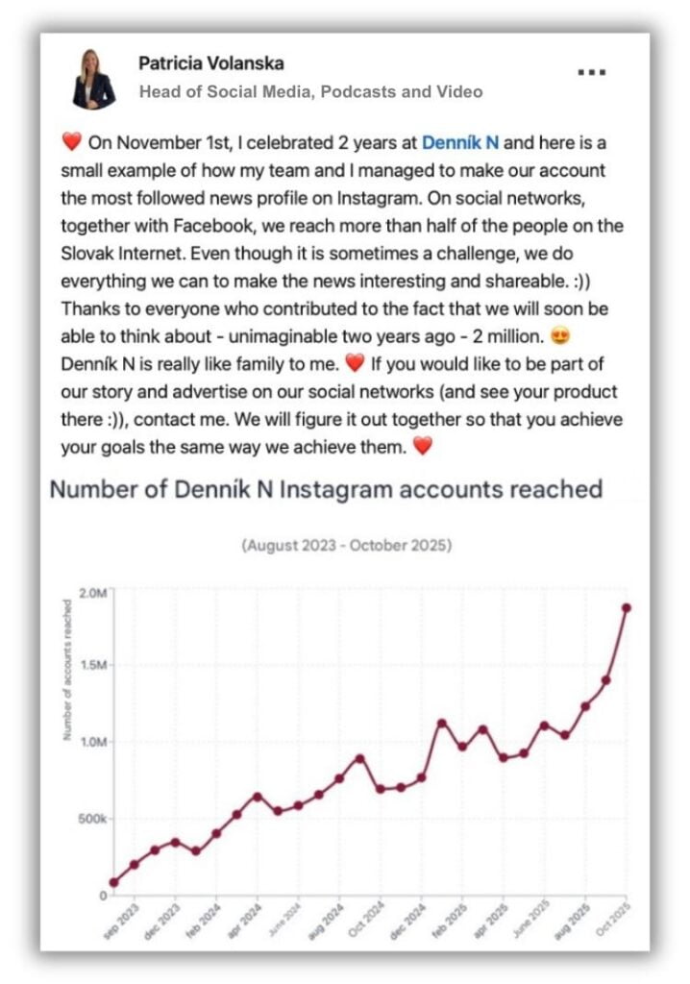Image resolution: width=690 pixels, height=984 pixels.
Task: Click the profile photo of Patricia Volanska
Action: pyautogui.click(x=94, y=79)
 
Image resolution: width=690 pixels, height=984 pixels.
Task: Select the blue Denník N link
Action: pyautogui.click(x=460, y=143)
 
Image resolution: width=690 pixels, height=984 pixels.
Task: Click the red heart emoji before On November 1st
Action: pyautogui.click(x=73, y=144)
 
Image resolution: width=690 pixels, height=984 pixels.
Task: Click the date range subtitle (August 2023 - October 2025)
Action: pyautogui.click(x=347, y=546)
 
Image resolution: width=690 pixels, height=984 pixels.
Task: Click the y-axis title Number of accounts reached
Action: pyautogui.click(x=67, y=669)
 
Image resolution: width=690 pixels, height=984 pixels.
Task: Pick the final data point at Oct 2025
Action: pyautogui.click(x=626, y=607)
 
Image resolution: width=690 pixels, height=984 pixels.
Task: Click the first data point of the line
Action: pyautogui.click(x=114, y=882)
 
